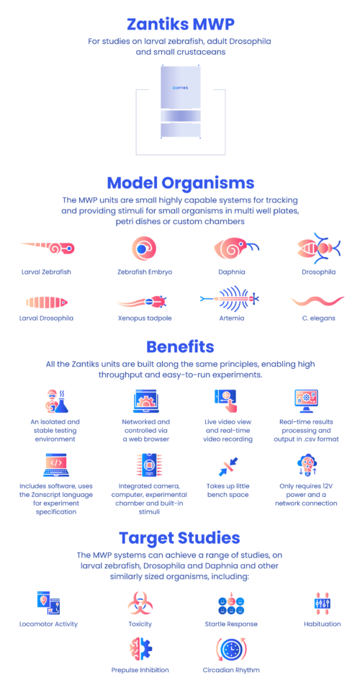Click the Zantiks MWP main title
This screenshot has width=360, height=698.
(180, 24)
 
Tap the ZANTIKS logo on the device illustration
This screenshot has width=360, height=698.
(180, 88)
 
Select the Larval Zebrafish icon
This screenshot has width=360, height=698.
(48, 249)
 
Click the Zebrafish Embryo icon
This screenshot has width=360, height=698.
(142, 249)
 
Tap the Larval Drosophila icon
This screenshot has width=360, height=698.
(47, 303)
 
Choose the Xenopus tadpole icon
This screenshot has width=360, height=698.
(142, 303)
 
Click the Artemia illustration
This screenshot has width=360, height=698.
(230, 298)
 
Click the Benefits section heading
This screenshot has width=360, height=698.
(180, 346)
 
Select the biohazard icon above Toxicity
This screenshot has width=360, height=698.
(141, 604)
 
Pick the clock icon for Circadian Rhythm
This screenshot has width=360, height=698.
(231, 650)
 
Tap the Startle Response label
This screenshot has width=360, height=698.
(231, 624)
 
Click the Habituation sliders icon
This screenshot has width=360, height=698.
(322, 603)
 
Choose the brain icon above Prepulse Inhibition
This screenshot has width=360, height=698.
(140, 649)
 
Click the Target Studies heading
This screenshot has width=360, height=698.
(180, 538)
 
